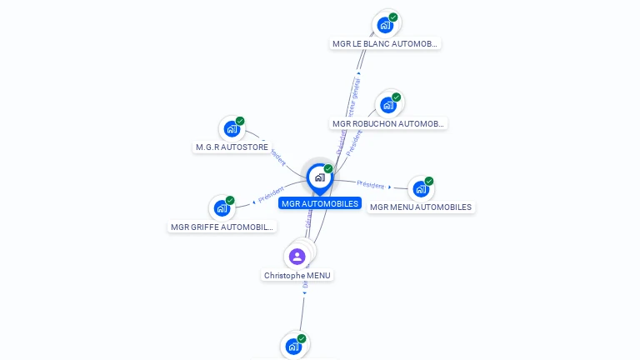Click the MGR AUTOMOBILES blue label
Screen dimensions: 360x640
pyautogui.click(x=320, y=203)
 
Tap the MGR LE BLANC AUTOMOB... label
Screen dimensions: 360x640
pyautogui.click(x=385, y=43)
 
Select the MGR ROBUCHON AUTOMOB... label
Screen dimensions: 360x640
pyautogui.click(x=388, y=123)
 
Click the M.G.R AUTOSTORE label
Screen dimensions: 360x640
pyautogui.click(x=232, y=147)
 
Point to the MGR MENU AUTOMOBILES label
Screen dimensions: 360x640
pyautogui.click(x=421, y=207)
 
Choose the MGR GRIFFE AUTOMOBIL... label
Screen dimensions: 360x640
pyautogui.click(x=222, y=227)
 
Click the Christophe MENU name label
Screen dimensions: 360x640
pyautogui.click(x=297, y=275)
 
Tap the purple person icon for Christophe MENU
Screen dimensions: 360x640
pyautogui.click(x=297, y=256)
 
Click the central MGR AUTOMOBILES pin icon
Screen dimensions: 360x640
pyautogui.click(x=319, y=177)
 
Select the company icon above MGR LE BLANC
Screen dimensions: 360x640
pyautogui.click(x=384, y=24)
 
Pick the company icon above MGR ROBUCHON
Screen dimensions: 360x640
pyautogui.click(x=387, y=105)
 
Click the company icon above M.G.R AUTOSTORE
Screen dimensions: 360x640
pyautogui.click(x=231, y=129)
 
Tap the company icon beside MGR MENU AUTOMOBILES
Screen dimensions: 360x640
pyautogui.click(x=420, y=188)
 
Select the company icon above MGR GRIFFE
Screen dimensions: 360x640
pyautogui.click(x=221, y=207)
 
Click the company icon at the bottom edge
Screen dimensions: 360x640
pyautogui.click(x=292, y=346)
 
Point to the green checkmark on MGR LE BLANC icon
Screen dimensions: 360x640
pyautogui.click(x=393, y=17)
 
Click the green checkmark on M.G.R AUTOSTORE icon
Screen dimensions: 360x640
pyautogui.click(x=240, y=122)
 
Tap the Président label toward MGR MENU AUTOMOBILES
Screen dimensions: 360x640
pyautogui.click(x=371, y=184)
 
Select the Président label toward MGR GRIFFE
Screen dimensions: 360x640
pyautogui.click(x=272, y=196)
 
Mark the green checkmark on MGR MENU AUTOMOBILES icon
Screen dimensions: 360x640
pyautogui.click(x=429, y=181)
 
